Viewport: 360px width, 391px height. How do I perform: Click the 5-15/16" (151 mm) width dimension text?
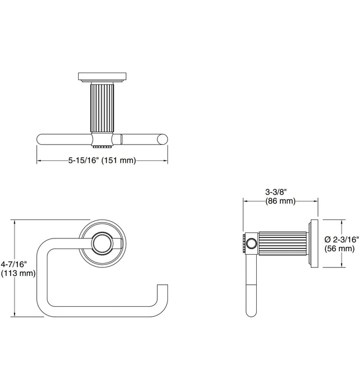tap(102, 161)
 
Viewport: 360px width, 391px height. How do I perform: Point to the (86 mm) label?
tap(280, 202)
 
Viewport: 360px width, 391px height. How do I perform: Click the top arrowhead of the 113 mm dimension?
tap(14, 221)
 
